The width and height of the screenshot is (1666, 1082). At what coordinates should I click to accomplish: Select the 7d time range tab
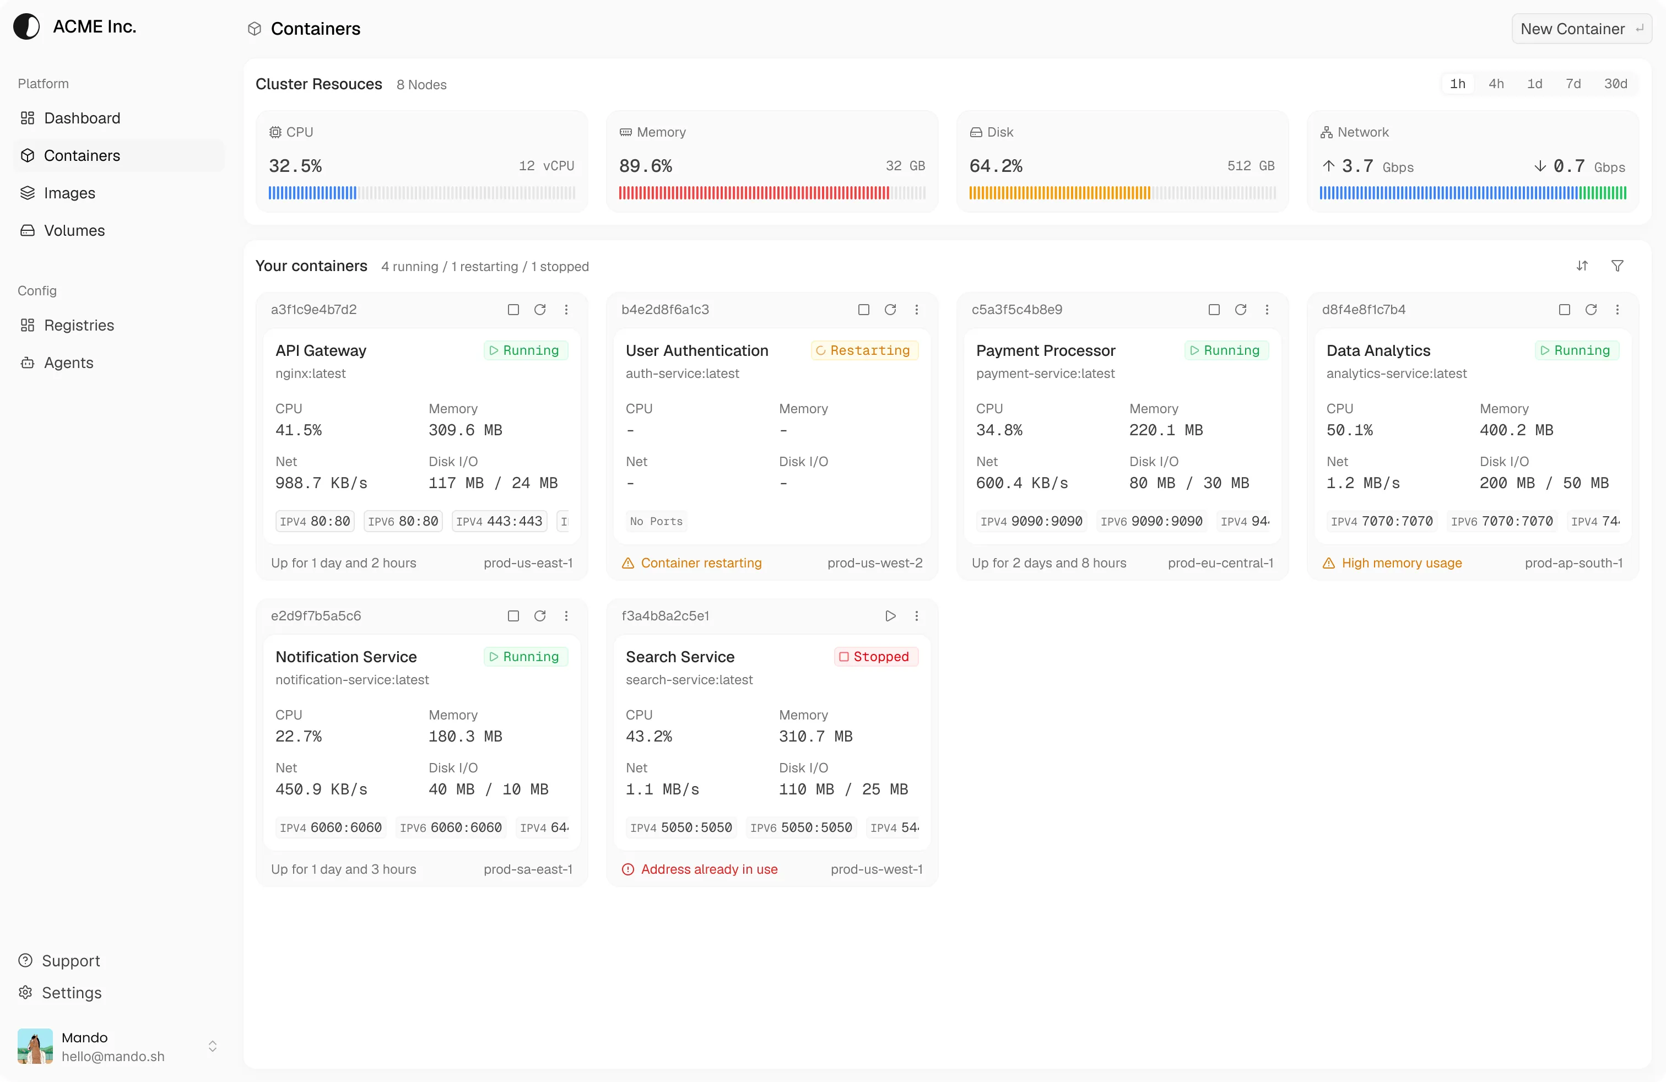(1573, 83)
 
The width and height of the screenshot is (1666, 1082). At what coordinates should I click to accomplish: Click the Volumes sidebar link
(74, 230)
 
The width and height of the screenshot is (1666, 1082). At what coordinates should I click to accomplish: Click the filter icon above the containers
(1617, 266)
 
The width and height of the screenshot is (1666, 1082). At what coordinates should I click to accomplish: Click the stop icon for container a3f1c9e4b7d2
(513, 310)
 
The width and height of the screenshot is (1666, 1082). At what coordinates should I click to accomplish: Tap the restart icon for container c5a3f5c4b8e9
(1240, 310)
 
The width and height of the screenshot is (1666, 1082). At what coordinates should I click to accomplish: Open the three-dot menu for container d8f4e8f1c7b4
(1617, 310)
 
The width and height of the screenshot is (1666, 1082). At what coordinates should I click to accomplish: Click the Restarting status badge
(864, 350)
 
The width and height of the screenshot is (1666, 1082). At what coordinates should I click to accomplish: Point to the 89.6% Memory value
(645, 166)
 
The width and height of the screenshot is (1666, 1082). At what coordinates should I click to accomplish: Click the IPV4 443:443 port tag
(499, 521)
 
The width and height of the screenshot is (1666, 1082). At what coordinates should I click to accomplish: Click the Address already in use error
(708, 869)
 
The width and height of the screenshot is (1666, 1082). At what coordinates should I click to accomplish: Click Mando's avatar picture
(35, 1046)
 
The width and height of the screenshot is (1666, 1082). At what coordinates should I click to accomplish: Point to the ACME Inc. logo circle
(26, 26)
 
